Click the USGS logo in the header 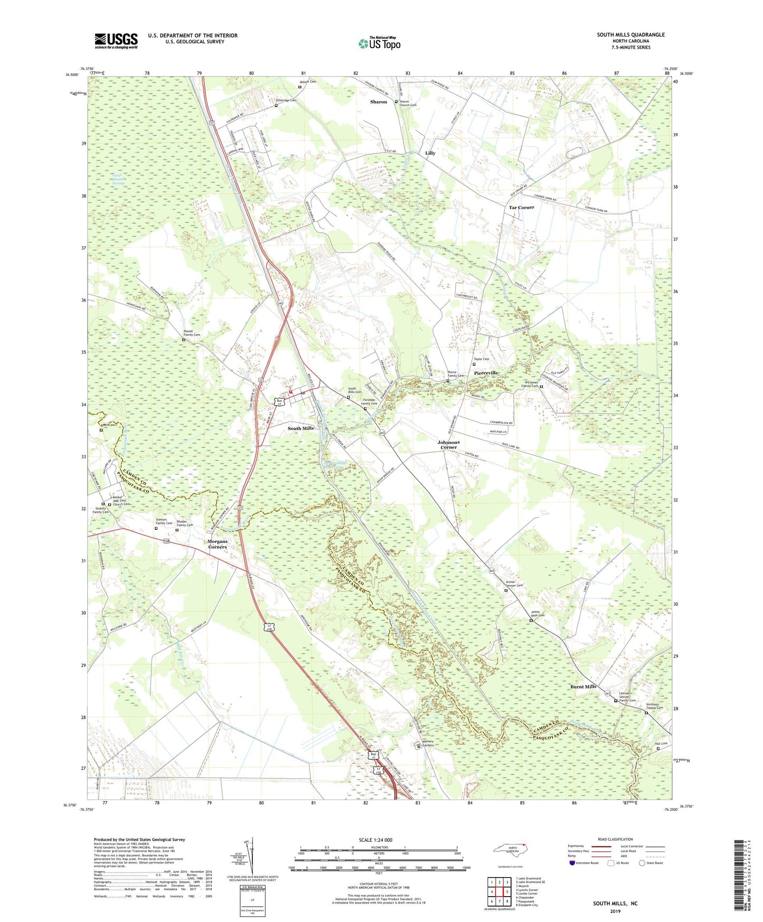116,41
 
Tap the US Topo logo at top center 379,43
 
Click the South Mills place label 300,428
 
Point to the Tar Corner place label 521,208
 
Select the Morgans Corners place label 217,544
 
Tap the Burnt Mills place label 583,686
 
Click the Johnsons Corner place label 448,445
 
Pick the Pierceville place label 486,373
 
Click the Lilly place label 430,153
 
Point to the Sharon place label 379,102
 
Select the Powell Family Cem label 192,333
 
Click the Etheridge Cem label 287,100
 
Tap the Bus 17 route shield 280,402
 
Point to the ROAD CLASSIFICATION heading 616,839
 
